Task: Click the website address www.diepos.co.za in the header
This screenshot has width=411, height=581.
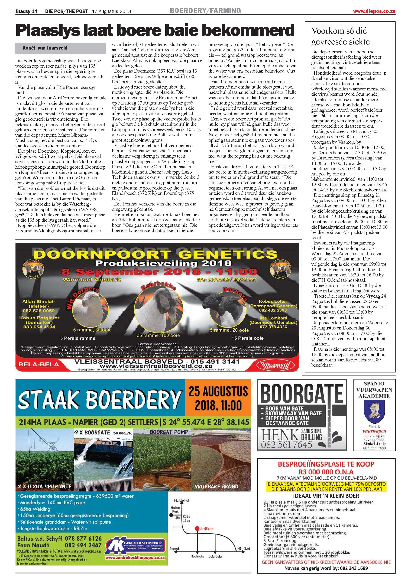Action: pos(374,11)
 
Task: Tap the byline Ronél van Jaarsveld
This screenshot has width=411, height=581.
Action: pos(45,48)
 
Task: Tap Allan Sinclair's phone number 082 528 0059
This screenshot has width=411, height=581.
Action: pos(38,311)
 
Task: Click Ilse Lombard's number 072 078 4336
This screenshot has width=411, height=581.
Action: pos(273,327)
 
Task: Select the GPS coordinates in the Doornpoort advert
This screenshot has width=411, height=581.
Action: pos(226,280)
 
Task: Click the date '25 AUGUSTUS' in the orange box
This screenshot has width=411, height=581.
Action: pos(218,391)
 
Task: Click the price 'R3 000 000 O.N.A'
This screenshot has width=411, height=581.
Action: pos(326,472)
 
